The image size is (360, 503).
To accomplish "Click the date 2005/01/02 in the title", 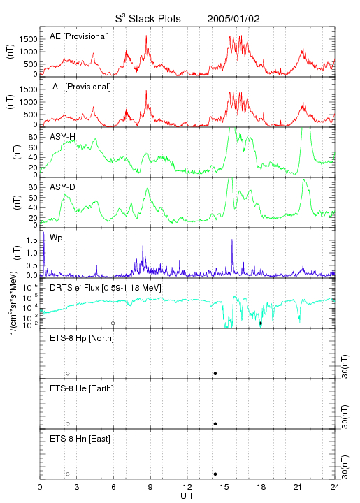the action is pyautogui.click(x=233, y=19).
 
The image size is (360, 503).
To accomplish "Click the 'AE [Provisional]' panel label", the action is pyautogui.click(x=79, y=36).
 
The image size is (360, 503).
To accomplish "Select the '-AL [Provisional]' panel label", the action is pyautogui.click(x=80, y=87).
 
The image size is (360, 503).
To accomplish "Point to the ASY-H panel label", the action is pyautogui.click(x=62, y=137).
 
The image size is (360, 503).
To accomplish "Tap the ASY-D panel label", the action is pyautogui.click(x=62, y=187).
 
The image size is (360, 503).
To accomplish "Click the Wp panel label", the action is pyautogui.click(x=56, y=238).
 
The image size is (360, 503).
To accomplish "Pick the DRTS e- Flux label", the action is pyautogui.click(x=106, y=287).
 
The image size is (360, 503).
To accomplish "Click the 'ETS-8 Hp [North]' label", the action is pyautogui.click(x=82, y=338).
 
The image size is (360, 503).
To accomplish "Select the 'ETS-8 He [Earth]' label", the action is pyautogui.click(x=82, y=388).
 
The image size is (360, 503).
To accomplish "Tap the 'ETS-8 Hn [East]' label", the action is pyautogui.click(x=80, y=439).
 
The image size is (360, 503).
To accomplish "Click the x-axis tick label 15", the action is pyautogui.click(x=224, y=487).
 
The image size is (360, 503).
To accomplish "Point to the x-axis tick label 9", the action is pyautogui.click(x=150, y=487).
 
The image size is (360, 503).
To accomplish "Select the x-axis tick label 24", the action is pyautogui.click(x=335, y=487).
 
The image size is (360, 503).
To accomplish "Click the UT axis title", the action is pyautogui.click(x=187, y=496).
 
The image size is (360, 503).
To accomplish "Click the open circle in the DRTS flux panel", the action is pyautogui.click(x=113, y=323).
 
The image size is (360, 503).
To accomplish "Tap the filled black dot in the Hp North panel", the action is pyautogui.click(x=215, y=373).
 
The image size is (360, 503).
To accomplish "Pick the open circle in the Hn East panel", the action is pyautogui.click(x=68, y=474).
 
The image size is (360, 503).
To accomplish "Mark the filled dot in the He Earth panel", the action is pyautogui.click(x=215, y=424).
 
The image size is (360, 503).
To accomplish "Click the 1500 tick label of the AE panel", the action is pyautogui.click(x=28, y=39).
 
